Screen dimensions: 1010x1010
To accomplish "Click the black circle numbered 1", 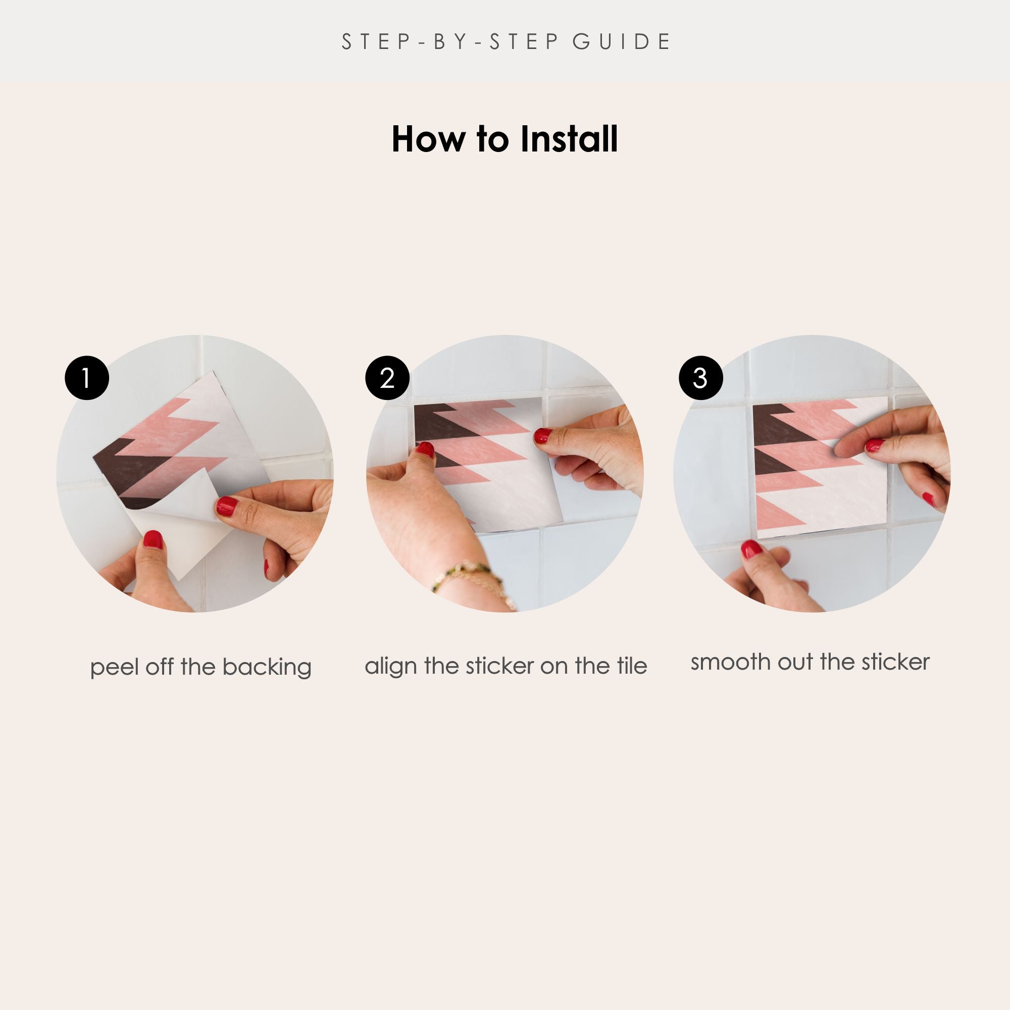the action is (x=87, y=378).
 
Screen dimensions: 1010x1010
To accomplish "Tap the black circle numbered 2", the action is (x=387, y=378).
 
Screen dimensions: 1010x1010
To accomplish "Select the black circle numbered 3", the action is (x=700, y=378).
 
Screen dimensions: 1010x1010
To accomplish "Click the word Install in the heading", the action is (x=569, y=139).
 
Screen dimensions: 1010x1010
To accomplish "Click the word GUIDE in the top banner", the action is (x=622, y=42).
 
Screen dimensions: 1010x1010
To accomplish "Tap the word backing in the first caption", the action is (x=267, y=668).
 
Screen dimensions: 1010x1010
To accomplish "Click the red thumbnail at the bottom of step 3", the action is (x=751, y=549).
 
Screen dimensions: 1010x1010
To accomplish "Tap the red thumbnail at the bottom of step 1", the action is (x=153, y=539).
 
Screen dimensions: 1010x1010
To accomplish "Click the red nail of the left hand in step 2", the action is (x=426, y=449).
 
